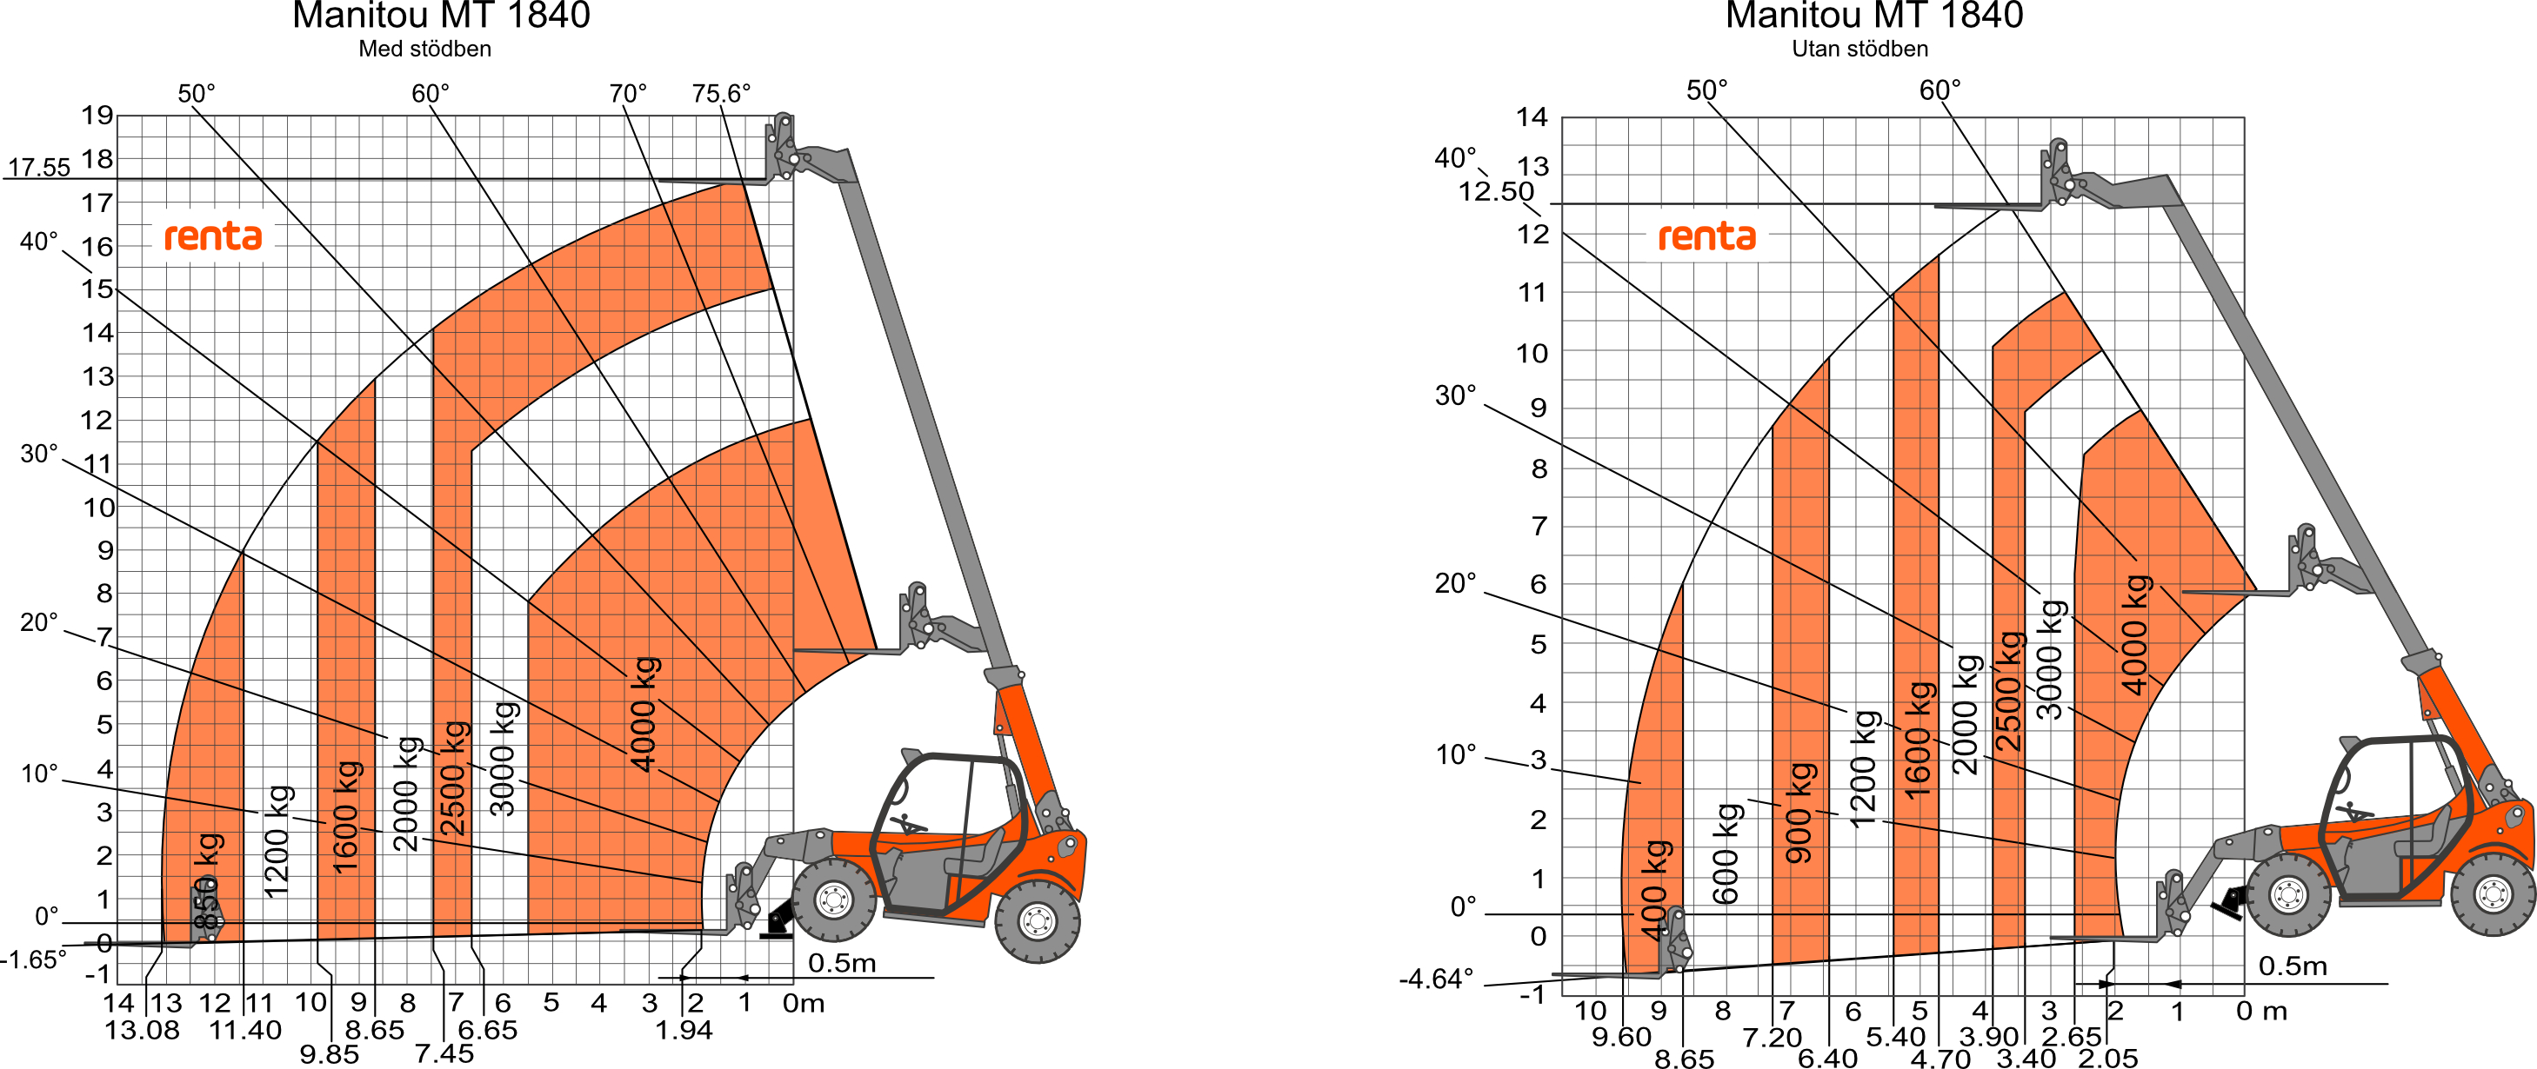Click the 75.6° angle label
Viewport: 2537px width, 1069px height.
point(721,94)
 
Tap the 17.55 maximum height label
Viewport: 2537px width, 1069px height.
point(39,168)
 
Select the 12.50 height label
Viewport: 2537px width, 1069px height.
point(1496,191)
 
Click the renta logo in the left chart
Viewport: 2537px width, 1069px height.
point(213,236)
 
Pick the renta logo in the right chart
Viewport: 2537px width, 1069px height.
point(1706,236)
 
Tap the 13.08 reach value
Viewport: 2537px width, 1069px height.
point(143,1031)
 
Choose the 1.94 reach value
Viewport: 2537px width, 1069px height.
point(684,1031)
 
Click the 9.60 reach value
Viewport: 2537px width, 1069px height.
point(1621,1038)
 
